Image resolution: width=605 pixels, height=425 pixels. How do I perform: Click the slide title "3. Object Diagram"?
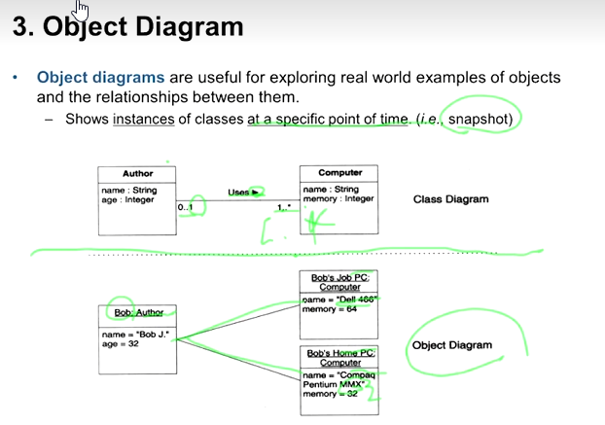127,26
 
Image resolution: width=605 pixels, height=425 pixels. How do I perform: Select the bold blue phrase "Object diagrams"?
101,77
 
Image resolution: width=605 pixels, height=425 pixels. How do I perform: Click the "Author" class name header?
137,173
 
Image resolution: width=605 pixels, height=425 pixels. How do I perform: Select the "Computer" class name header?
339,173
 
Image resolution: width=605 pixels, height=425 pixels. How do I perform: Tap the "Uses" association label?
239,193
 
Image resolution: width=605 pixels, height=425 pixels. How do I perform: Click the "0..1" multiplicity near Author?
186,207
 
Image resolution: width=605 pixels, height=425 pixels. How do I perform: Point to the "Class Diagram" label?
450,199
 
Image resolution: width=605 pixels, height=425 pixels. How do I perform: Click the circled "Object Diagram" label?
452,345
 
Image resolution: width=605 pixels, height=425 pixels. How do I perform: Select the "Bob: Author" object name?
138,313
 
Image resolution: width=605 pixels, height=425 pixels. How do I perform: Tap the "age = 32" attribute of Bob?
121,343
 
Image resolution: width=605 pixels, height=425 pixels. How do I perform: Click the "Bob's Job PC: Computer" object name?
336,283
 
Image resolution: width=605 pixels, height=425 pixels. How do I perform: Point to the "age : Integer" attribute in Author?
127,199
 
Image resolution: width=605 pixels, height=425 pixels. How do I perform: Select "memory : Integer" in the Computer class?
338,199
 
